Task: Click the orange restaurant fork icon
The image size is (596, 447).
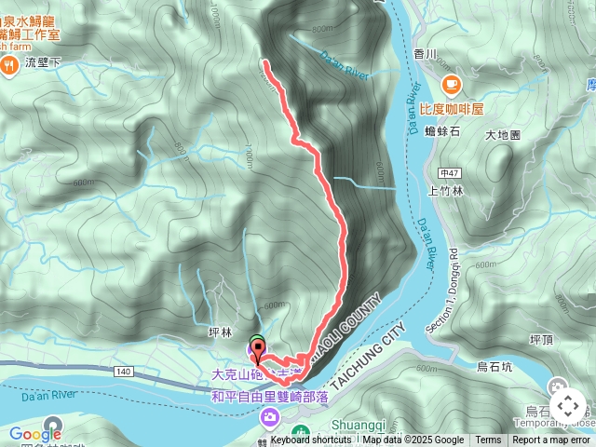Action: (x=10, y=64)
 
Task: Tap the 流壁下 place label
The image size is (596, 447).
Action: (x=44, y=63)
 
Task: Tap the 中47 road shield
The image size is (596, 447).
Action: (x=450, y=172)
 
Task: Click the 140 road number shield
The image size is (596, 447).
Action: (x=124, y=371)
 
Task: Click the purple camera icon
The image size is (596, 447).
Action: (x=269, y=416)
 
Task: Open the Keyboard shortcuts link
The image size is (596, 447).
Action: (x=311, y=440)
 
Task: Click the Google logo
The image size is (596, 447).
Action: (x=35, y=433)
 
